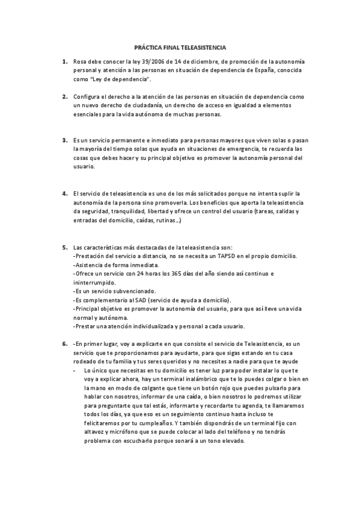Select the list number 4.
coord(64,194)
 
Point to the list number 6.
coord(64,344)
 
